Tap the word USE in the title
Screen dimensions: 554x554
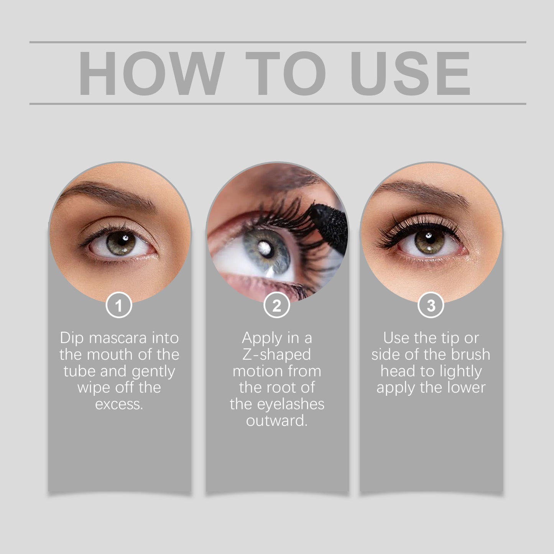(410, 73)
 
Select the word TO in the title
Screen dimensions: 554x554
(286, 73)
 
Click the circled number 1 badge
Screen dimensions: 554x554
(119, 306)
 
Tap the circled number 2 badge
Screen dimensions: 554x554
(277, 306)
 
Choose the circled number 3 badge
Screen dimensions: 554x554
(431, 306)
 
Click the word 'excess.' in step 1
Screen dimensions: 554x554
(119, 404)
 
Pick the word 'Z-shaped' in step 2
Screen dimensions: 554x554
(276, 355)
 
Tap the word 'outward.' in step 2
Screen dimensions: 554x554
(277, 421)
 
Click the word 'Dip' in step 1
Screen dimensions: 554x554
(71, 338)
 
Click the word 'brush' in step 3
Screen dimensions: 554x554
(470, 355)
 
